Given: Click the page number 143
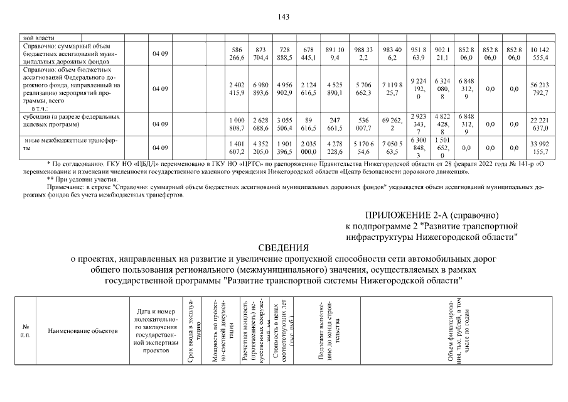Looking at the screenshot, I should pyautogui.click(x=283, y=17).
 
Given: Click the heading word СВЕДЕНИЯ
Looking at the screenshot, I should pyautogui.click(x=283, y=247).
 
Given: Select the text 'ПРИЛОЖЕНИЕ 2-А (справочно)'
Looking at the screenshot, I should pyautogui.click(x=432, y=215).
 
